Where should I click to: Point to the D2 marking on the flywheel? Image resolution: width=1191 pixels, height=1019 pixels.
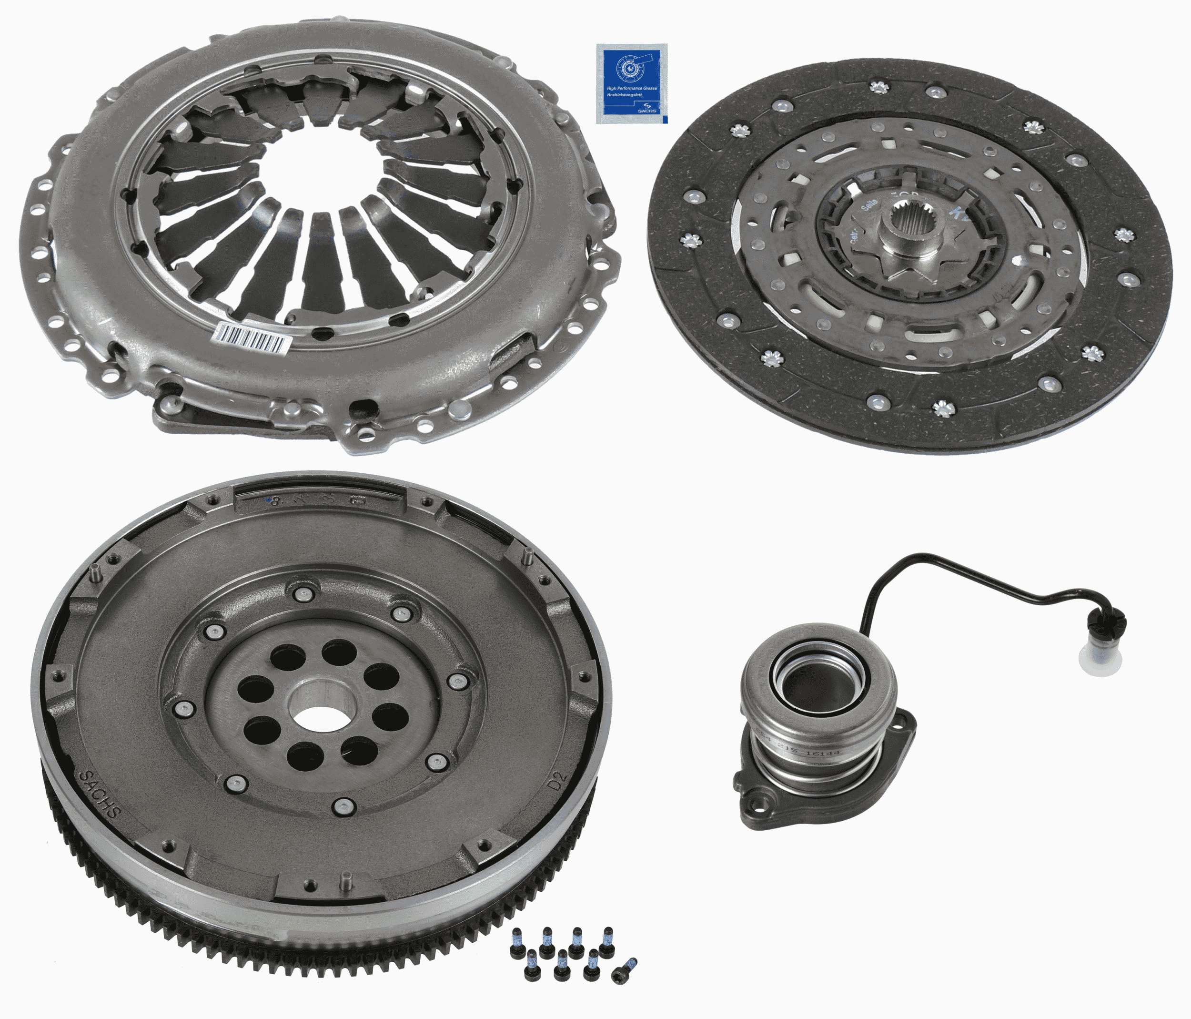[557, 783]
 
